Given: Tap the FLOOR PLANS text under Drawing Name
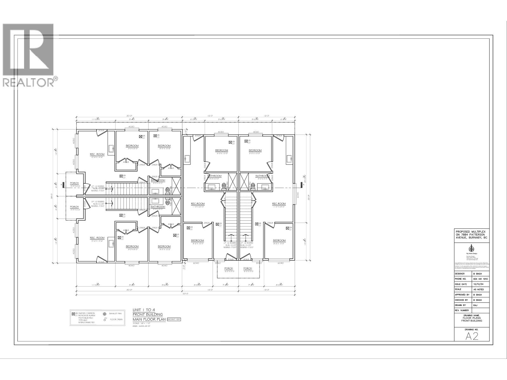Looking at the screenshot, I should pos(472,318).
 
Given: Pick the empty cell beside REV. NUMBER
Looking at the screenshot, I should pos(480,310).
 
